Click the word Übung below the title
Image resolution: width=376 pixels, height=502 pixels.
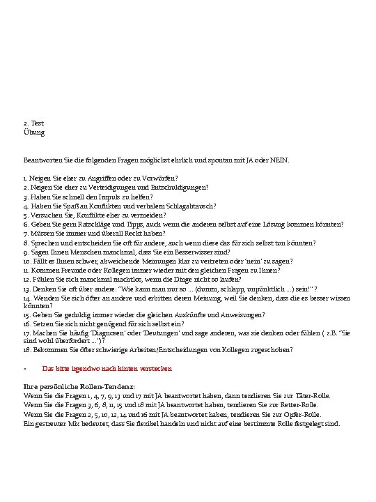point(34,132)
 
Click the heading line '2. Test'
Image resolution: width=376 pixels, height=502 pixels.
point(33,123)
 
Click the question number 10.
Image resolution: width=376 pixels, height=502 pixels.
point(26,262)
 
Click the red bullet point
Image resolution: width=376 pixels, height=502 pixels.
point(25,368)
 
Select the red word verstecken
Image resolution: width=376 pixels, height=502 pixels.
point(155,368)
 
